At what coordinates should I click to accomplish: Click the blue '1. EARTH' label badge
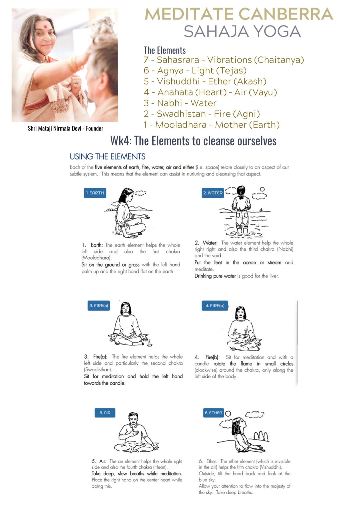pos(95,193)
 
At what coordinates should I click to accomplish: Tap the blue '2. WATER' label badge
pos(213,193)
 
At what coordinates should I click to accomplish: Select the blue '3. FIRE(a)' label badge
pos(99,305)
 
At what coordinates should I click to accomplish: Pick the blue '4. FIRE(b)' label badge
pos(215,305)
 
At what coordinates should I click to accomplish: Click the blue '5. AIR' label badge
pos(105,413)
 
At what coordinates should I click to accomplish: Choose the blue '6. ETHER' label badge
pos(213,413)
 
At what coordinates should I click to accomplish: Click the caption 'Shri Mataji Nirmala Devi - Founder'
pos(66,128)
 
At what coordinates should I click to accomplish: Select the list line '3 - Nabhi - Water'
pos(180,103)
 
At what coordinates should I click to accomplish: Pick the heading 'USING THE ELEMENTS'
pos(107,157)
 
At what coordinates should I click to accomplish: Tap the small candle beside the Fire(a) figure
pos(150,343)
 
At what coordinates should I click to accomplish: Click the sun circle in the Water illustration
pos(262,189)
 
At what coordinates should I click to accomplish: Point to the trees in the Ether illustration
pos(261,436)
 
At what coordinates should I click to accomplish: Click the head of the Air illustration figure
pos(133,418)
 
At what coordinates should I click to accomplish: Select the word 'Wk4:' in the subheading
pos(121,141)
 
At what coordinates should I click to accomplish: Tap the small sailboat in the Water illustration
pos(261,209)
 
